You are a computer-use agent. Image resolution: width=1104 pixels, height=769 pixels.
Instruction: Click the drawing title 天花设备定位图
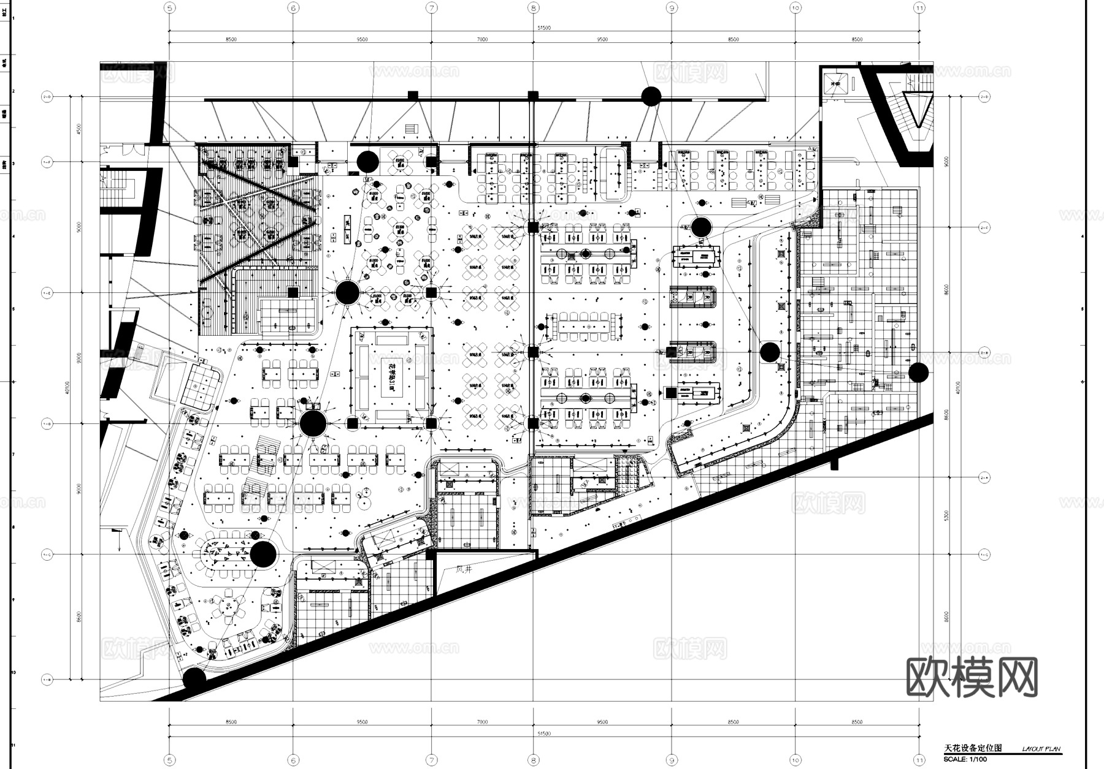coord(973,748)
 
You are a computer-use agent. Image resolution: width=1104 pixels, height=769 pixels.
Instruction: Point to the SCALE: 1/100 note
coord(965,760)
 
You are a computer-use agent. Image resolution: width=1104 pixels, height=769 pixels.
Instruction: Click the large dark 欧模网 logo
coord(972,677)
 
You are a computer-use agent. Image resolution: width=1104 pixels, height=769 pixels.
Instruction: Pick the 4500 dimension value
coord(78,129)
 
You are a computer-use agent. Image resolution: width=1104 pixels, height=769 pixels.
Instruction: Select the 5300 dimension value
coord(947,516)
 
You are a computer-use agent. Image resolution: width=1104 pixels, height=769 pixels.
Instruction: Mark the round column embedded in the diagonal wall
coord(194,679)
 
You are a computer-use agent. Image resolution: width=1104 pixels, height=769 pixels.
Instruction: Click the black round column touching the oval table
coord(263,554)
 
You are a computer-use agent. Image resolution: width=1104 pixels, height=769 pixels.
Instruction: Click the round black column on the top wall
coord(651,96)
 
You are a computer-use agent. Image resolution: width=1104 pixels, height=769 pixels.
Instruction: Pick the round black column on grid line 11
coord(918,372)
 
